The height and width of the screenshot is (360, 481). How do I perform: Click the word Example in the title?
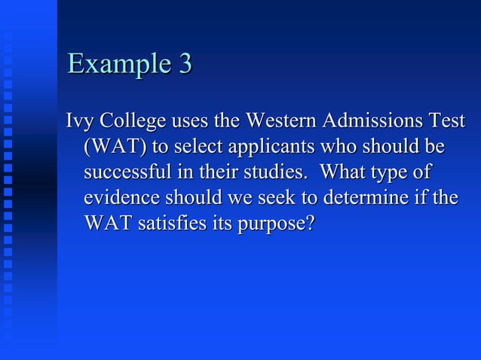pyautogui.click(x=118, y=65)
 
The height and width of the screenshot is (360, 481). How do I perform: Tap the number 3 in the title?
pyautogui.click(x=184, y=64)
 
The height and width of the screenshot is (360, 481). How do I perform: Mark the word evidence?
pyautogui.click(x=121, y=198)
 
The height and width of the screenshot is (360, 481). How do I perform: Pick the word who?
pyautogui.click(x=360, y=146)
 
